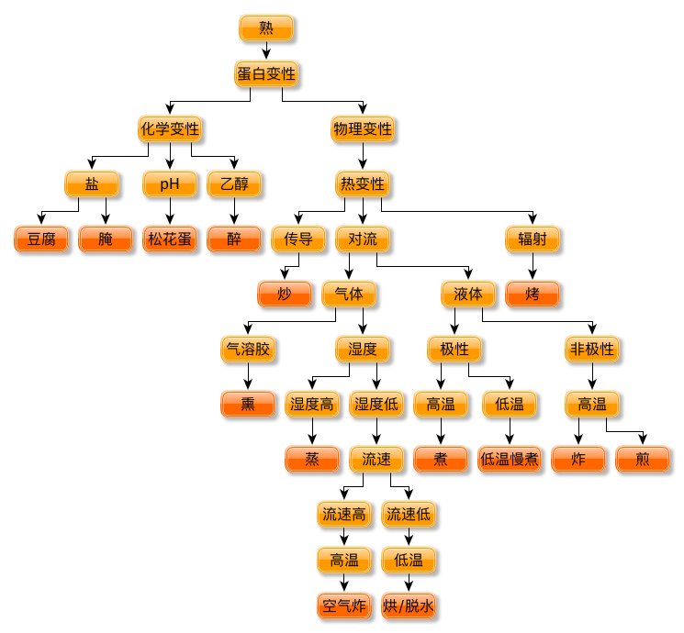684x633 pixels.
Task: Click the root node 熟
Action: pos(266,29)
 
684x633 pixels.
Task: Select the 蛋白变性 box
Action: pos(266,73)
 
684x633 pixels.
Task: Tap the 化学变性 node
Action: pos(170,129)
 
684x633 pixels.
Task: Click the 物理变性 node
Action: pos(362,129)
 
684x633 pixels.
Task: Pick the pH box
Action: pos(170,184)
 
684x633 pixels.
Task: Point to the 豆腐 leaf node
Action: pos(41,239)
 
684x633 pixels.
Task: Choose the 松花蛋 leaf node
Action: pos(170,239)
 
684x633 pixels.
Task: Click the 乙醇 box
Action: pos(234,184)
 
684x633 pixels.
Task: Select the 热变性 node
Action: pos(362,184)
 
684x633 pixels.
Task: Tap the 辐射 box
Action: pos(533,239)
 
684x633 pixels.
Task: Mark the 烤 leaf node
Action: pos(533,294)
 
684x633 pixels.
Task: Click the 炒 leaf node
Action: pos(284,294)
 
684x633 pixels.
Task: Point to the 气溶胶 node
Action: pos(249,350)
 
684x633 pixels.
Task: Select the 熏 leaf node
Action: pos(249,404)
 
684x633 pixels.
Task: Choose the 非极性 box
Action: pos(592,350)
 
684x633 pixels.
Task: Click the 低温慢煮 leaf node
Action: pos(510,459)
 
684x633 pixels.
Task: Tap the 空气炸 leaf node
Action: pos(344,605)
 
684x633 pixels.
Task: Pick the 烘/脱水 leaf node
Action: pos(409,605)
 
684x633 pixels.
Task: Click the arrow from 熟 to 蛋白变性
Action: pos(266,51)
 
